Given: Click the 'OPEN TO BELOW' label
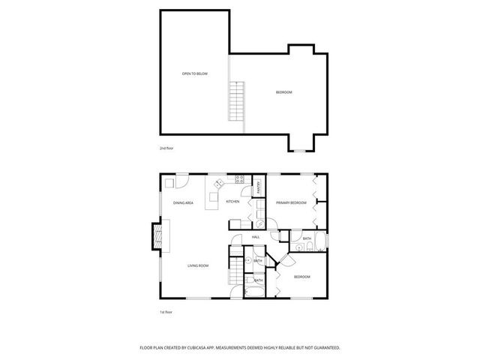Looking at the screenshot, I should click(x=194, y=73).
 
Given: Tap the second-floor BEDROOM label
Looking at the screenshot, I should click(x=283, y=92).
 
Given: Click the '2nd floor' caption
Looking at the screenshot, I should click(x=166, y=148).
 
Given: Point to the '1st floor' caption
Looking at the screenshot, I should click(x=166, y=310).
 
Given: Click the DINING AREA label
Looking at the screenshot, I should click(x=184, y=203).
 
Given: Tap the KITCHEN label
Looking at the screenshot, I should click(x=233, y=202).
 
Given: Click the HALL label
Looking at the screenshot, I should click(x=256, y=237).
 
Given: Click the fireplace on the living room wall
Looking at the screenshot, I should click(x=157, y=235).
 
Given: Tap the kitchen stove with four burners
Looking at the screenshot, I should click(x=241, y=180).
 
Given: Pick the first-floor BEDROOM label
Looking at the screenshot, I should click(x=301, y=277).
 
